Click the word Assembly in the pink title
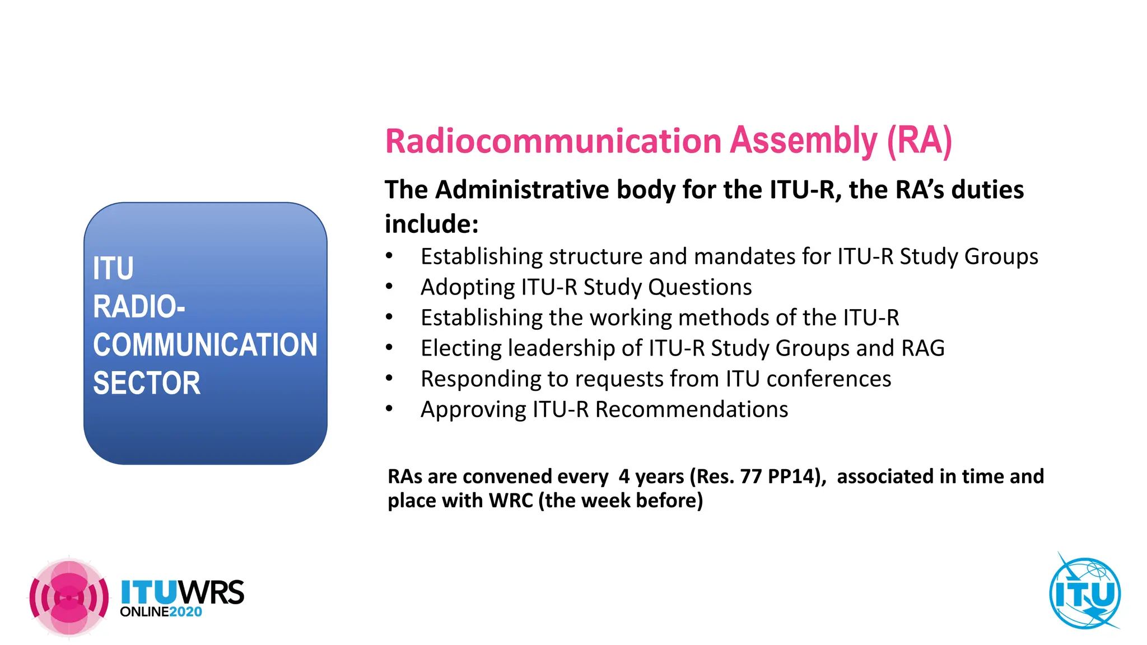pyautogui.click(x=804, y=141)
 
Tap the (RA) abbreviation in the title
pyautogui.click(x=919, y=141)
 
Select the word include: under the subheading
pyautogui.click(x=431, y=224)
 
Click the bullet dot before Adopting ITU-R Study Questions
pyautogui.click(x=389, y=287)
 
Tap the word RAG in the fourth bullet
pyautogui.click(x=922, y=348)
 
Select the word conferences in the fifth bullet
pyautogui.click(x=828, y=379)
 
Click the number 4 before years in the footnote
pyautogui.click(x=624, y=476)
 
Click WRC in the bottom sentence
pyautogui.click(x=510, y=501)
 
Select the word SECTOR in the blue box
pyautogui.click(x=146, y=384)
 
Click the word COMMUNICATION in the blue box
pyautogui.click(x=205, y=345)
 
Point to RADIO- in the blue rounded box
pyautogui.click(x=139, y=307)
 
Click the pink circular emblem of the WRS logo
pyautogui.click(x=69, y=598)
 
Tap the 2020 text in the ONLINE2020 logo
pyautogui.click(x=185, y=612)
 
